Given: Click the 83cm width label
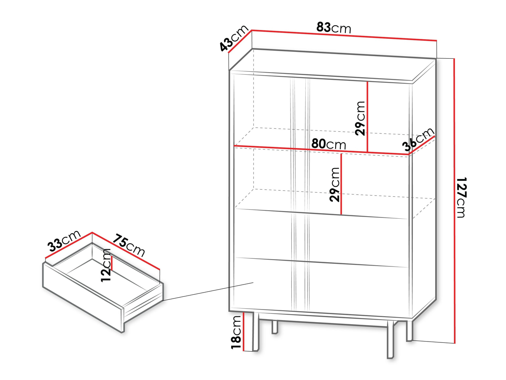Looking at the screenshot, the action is coord(334,28).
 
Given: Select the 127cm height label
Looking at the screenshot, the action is coord(461,198).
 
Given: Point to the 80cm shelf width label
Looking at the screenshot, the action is coord(329,144).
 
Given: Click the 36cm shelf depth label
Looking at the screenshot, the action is coord(418,140).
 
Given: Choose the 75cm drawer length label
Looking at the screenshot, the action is coord(129,245).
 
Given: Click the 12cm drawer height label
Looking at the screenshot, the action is coord(106,265).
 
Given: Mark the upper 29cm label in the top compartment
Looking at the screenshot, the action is coord(360,118).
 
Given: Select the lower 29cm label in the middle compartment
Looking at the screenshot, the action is coord(335,185).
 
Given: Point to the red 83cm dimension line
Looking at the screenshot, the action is coord(344,35).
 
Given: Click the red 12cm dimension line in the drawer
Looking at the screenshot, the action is coord(112,263).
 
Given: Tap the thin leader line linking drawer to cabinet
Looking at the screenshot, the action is coord(208,291).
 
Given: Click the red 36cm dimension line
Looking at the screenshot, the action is coord(422,145).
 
